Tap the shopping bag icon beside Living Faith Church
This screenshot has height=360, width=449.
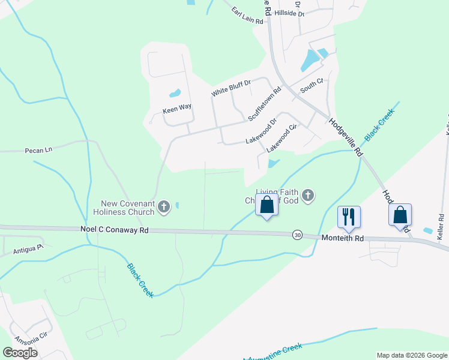coord(267,205)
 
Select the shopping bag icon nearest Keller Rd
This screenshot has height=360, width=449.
coord(400,215)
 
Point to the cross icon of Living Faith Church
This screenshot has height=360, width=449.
coord(308,195)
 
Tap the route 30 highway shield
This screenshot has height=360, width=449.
coord(297,235)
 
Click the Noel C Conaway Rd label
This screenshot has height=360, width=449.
coord(114,229)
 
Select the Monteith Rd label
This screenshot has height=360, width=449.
coord(342,238)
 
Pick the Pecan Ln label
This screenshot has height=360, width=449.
coord(39,150)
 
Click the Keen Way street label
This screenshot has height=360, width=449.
coord(177,107)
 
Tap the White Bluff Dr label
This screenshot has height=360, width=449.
coord(230,88)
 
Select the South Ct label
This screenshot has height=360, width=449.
coord(312,85)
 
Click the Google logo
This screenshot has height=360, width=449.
coord(20,353)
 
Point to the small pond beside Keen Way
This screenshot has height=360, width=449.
coord(175,94)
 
